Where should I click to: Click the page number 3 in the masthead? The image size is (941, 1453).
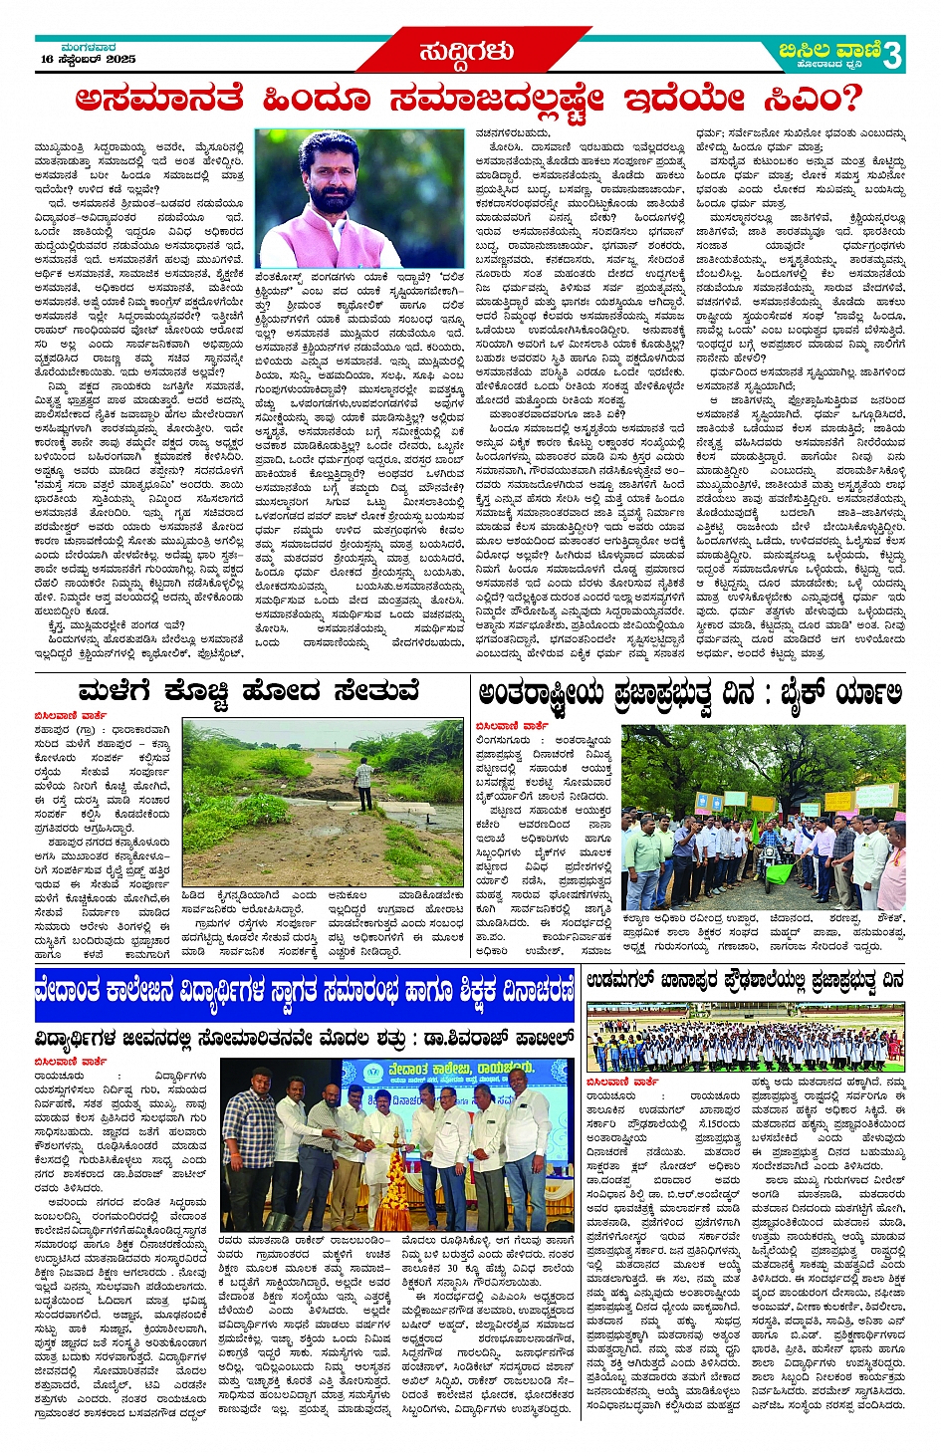891,55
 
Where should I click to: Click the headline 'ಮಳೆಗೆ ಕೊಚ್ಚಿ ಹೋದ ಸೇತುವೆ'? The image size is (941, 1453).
248,691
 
